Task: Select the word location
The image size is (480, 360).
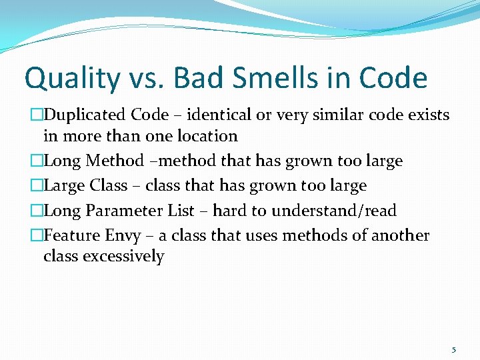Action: click(x=205, y=136)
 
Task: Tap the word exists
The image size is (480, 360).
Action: click(x=428, y=115)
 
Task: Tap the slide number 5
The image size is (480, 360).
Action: click(x=454, y=349)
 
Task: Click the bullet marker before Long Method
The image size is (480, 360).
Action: click(x=37, y=161)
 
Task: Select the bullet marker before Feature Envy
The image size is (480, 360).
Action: click(x=37, y=236)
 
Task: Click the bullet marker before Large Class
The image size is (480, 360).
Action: click(x=37, y=185)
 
